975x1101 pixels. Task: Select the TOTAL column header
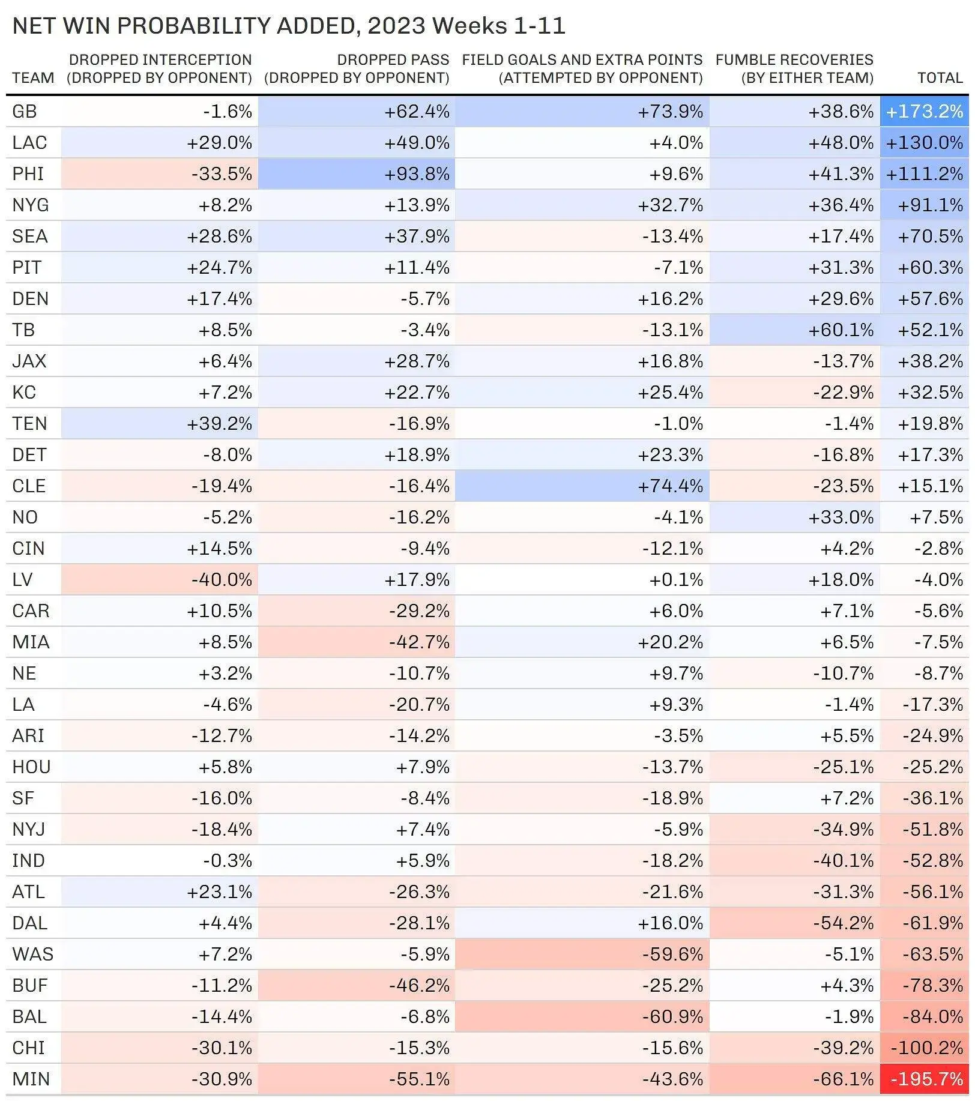click(x=940, y=78)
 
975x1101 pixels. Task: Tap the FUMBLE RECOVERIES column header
click(x=794, y=68)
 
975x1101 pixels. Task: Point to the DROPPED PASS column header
click(x=357, y=68)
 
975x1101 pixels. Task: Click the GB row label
click(x=25, y=112)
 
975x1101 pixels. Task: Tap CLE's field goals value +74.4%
click(x=670, y=486)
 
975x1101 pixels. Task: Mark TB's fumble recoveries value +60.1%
click(x=841, y=330)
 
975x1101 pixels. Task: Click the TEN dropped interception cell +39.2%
click(x=219, y=424)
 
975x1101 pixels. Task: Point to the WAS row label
click(x=32, y=955)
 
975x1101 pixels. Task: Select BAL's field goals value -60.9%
click(x=672, y=1017)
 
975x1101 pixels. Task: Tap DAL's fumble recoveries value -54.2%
click(x=843, y=923)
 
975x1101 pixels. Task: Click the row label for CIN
click(x=28, y=549)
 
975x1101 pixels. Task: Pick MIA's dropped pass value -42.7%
click(x=419, y=642)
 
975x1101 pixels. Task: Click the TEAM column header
click(x=33, y=78)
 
